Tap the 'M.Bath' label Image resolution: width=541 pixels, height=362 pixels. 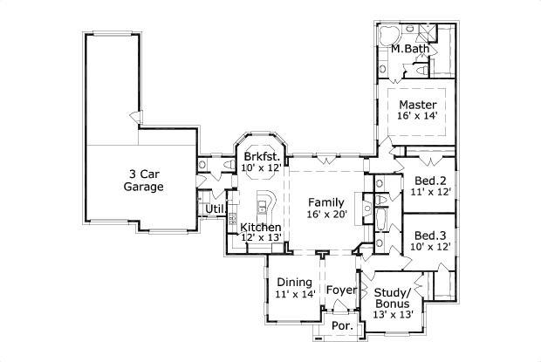[x=409, y=50]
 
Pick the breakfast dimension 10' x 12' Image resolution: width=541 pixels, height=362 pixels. [x=261, y=167]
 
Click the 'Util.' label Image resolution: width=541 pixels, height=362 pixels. [x=214, y=209]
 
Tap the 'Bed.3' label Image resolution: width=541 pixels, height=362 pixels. [x=431, y=235]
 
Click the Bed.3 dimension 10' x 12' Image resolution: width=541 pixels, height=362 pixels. [x=431, y=248]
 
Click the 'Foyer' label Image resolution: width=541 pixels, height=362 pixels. [x=341, y=290]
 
